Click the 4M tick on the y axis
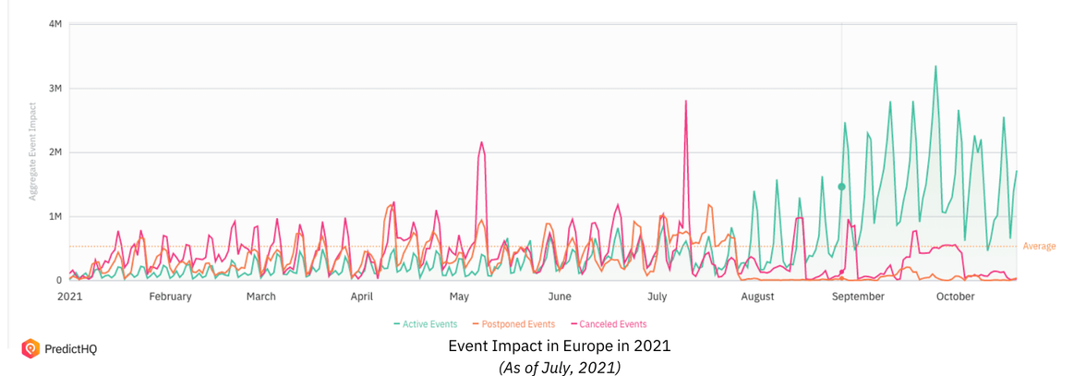54,24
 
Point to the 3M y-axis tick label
54,89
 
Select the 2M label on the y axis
54,152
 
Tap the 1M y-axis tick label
54,216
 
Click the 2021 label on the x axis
70,297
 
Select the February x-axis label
170,297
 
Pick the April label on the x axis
362,297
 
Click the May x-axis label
460,297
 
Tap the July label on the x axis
657,297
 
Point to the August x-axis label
757,297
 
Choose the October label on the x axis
955,297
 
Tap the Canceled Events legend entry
609,324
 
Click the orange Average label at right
1039,247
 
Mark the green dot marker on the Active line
841,187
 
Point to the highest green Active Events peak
935,67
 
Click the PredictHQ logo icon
30,348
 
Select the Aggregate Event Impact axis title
33,152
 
